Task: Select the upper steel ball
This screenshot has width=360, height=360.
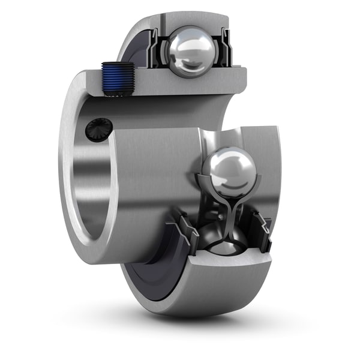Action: click(190, 52)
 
